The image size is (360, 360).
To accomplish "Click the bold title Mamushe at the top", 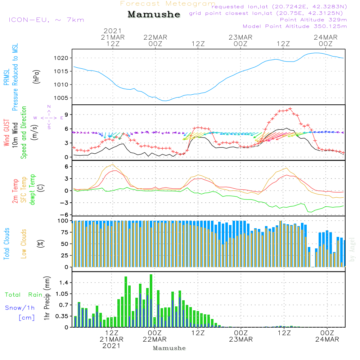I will [154, 14].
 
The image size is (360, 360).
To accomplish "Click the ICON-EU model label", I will [46, 20].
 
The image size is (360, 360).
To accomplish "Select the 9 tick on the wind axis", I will [66, 114].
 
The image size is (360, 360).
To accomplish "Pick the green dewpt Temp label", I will [32, 190].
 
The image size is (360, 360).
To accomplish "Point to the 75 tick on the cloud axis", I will [63, 233].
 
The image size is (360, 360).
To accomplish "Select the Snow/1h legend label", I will [20, 308].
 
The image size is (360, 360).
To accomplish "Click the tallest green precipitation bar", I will [151, 301].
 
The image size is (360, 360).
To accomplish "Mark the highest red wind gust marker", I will [290, 108].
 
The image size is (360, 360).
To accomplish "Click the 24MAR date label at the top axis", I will [326, 37].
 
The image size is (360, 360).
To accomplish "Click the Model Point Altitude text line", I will [295, 26].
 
